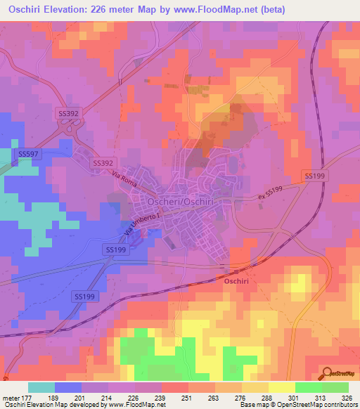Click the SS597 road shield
click(x=28, y=153)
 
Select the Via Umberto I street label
click(x=131, y=227)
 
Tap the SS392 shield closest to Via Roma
click(x=103, y=162)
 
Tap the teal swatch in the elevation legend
click(x=41, y=387)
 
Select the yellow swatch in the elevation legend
click(x=281, y=387)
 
